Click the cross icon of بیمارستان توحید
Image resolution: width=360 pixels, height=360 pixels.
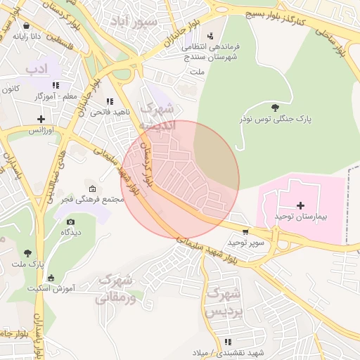pos(301,205)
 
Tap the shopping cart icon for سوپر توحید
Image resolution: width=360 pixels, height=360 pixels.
pos(245,231)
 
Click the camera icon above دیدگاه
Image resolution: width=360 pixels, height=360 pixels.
pos(70,221)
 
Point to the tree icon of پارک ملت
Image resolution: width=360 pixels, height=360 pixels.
pos(27,252)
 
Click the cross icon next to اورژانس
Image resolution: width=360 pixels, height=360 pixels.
pos(41,119)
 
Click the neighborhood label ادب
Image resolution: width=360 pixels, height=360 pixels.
pos(34,69)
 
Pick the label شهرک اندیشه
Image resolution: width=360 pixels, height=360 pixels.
pos(155,116)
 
